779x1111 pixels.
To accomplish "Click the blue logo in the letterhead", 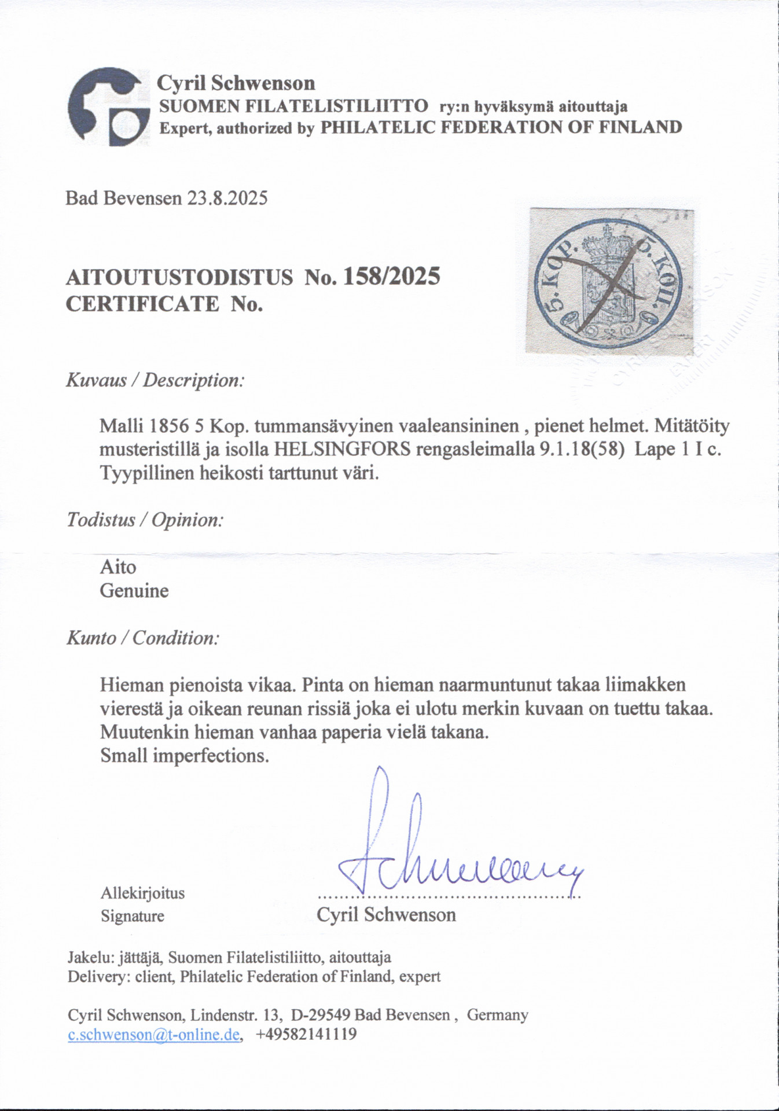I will point(105,108).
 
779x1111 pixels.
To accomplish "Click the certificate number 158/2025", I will point(392,277).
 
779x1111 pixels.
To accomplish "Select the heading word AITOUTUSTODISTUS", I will point(179,278).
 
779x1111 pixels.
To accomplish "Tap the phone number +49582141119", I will point(306,1035).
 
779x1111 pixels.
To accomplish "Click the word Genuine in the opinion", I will point(134,591).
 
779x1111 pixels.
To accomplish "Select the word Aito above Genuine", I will point(118,566).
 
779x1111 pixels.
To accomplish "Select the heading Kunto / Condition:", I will point(143,638).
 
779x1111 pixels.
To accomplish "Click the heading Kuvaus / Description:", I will point(155,380).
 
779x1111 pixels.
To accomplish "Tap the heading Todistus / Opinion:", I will point(145,520).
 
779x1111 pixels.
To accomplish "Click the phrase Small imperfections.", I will point(185,756).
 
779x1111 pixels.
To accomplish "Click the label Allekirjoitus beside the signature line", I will point(142,893).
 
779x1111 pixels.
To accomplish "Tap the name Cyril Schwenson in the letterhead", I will point(236,83).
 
